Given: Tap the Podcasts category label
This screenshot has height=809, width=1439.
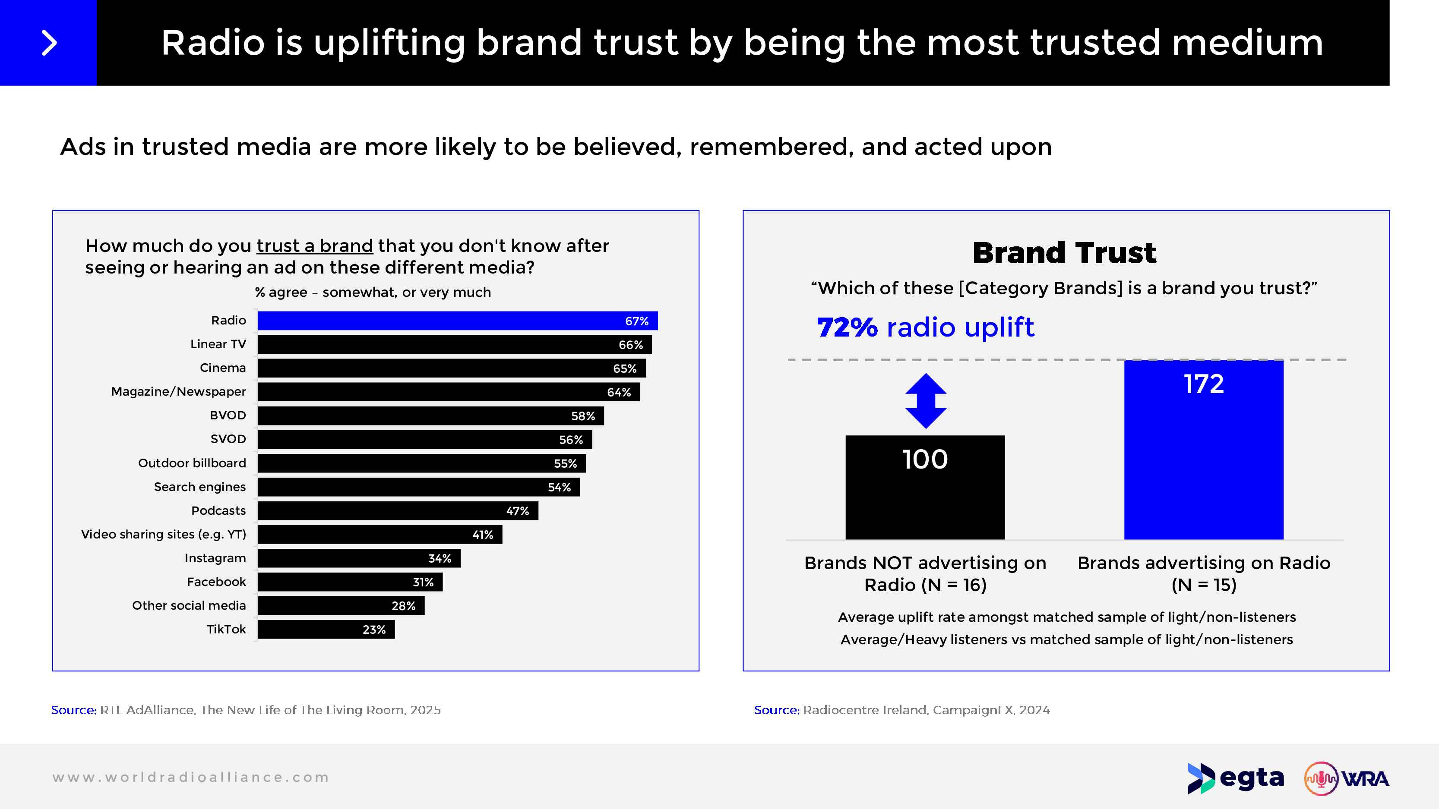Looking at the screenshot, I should [x=218, y=511].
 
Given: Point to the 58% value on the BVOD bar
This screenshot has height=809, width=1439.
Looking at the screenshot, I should [x=583, y=416].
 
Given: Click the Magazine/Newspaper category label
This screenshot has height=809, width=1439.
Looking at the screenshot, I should [x=178, y=391].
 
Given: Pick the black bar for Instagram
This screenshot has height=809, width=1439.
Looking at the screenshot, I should [x=359, y=558].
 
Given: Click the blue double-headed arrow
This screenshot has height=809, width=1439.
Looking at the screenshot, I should [x=926, y=401].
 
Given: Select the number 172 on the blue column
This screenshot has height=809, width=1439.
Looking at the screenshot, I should [x=1203, y=384].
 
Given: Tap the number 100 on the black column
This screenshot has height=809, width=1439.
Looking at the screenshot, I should [x=925, y=460].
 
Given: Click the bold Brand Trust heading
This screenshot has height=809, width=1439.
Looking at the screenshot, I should [x=1064, y=252].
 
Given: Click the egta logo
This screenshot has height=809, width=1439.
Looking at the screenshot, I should [x=1236, y=778].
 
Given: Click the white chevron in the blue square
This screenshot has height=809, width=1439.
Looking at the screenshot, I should [x=49, y=43].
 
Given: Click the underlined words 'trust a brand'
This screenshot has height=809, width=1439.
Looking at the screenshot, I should [x=314, y=246].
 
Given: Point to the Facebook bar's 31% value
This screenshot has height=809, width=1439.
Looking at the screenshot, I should [x=423, y=582].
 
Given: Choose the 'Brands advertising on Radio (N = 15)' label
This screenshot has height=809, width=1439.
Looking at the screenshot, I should [x=1203, y=573].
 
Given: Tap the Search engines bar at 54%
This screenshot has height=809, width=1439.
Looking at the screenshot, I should [x=418, y=487].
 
